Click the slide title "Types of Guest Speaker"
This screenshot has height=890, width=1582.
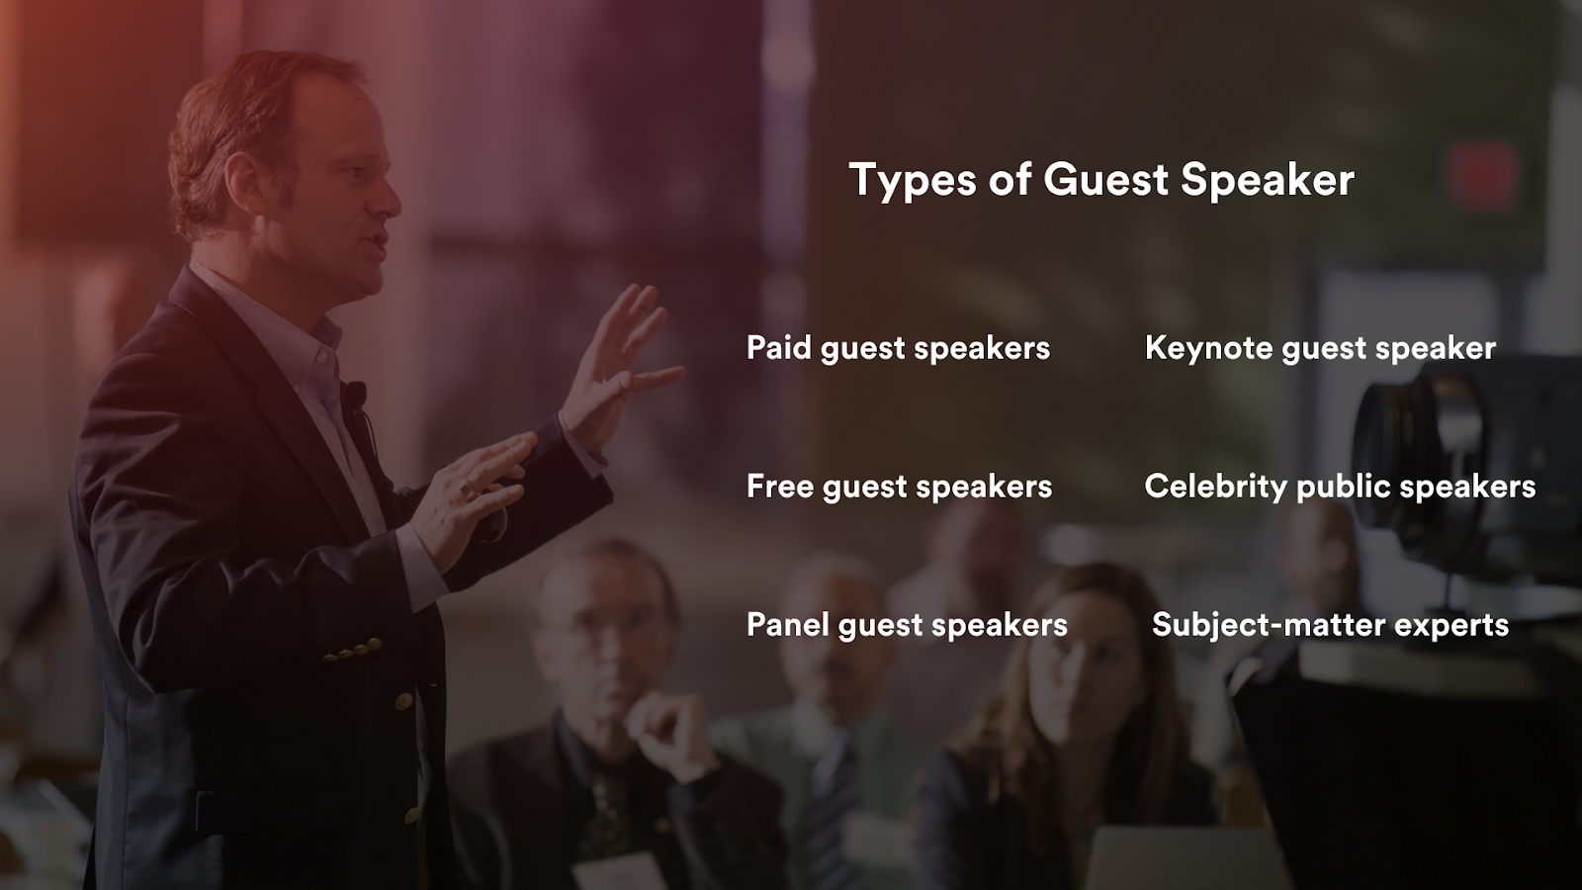[1101, 180]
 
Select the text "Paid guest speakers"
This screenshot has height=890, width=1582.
[898, 348]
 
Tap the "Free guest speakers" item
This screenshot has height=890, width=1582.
[899, 487]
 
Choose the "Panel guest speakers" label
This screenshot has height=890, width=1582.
[907, 625]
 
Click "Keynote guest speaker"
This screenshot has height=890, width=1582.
[1320, 348]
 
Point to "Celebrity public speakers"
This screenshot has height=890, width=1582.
[1340, 487]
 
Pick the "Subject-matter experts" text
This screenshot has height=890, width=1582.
[1330, 625]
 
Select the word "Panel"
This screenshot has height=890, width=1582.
[787, 625]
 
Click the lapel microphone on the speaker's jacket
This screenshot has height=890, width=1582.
[355, 396]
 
